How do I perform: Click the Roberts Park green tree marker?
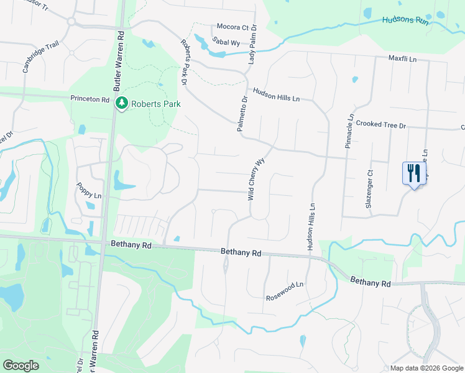click(122, 103)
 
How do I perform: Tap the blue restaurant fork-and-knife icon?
click(413, 173)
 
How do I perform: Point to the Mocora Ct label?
click(232, 27)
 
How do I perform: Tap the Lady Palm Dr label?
click(253, 48)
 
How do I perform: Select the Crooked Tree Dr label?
click(381, 125)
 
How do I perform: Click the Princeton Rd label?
click(90, 99)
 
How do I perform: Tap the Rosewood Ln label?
click(285, 284)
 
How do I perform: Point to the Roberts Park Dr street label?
click(185, 63)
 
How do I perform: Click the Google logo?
click(21, 366)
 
